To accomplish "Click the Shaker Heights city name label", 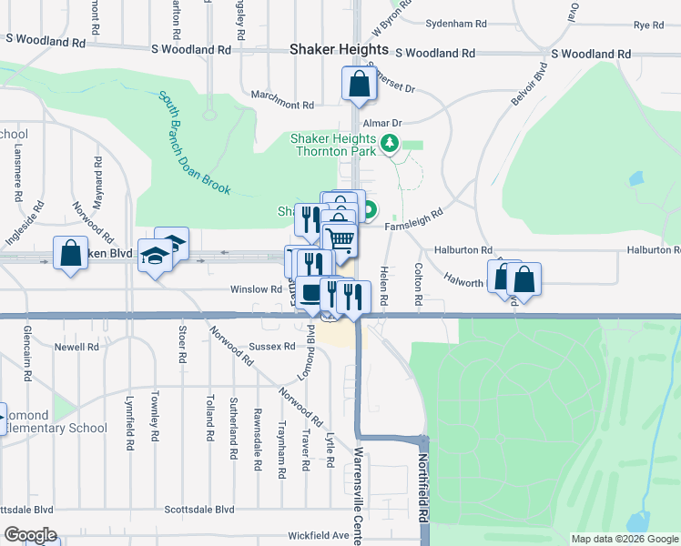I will (x=339, y=50).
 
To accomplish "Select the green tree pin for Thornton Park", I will (x=390, y=143).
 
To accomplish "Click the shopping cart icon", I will (x=340, y=241).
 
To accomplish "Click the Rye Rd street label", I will (x=648, y=25).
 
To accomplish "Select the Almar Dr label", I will (x=381, y=123).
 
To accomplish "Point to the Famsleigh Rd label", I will (x=413, y=219).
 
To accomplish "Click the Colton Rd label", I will (x=419, y=284).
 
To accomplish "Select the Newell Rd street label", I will (x=76, y=347).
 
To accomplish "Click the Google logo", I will (x=30, y=535).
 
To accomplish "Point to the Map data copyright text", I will (x=624, y=539).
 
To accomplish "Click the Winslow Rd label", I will (x=256, y=289).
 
